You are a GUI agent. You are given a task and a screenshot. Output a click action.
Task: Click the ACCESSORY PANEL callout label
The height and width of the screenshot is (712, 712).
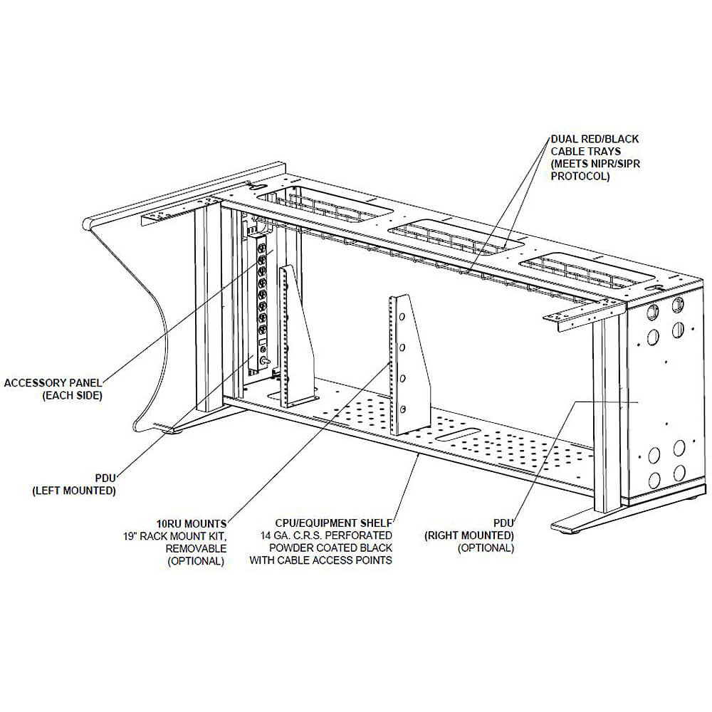coord(53,383)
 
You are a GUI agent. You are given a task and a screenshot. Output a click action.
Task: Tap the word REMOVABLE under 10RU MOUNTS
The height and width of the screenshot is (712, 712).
coord(196,548)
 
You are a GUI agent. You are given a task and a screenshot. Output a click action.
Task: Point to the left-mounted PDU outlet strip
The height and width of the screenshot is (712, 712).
coord(261,299)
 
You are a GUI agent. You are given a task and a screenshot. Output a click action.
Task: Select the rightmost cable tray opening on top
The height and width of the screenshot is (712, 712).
coord(585,272)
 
